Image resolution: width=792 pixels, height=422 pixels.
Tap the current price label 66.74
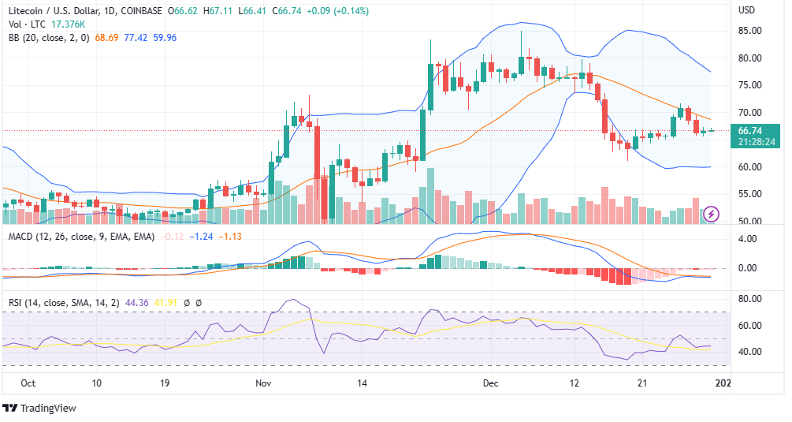point(749,131)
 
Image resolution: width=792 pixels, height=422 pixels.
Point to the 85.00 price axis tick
point(749,31)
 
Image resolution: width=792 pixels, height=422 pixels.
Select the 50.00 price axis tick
point(749,221)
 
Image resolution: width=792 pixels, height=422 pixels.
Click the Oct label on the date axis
point(28,383)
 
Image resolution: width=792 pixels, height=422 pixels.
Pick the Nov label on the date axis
point(263,383)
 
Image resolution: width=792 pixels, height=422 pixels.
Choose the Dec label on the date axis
point(491,383)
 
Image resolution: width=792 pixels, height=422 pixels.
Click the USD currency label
point(747,10)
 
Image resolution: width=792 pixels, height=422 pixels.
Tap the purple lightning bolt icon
point(712,214)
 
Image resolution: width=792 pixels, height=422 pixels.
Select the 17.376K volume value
point(68,24)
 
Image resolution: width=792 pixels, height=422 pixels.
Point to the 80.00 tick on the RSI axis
point(749,299)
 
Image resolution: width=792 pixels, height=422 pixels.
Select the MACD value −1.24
point(203,236)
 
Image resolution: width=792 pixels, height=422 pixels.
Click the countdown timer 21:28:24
point(755,142)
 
